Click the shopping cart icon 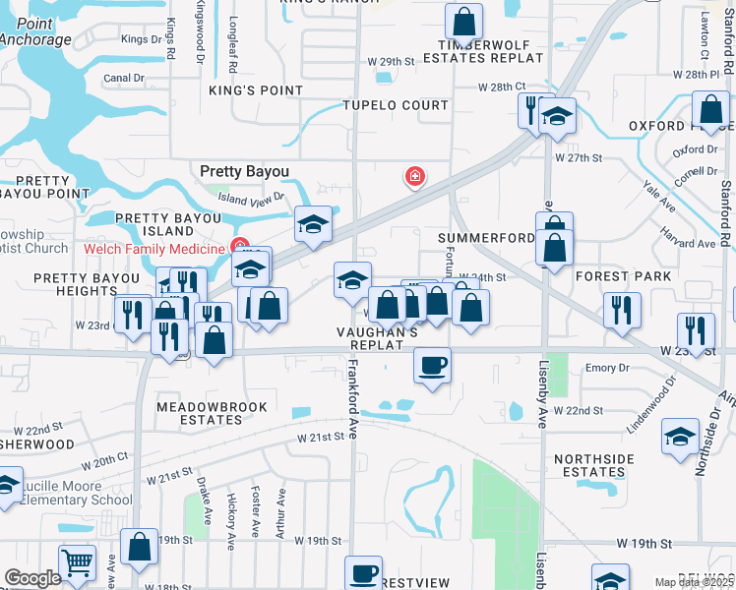77,562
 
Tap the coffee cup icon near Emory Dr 432,367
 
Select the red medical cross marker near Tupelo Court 415,176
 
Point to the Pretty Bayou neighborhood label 245,171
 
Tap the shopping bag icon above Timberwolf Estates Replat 463,21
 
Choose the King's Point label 256,89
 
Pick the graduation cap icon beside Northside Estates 681,437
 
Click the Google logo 32,578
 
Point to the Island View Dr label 250,197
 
